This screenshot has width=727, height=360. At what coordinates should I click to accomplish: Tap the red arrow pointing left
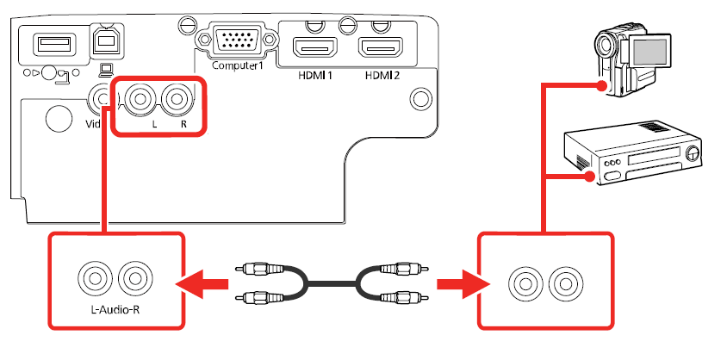(x=201, y=282)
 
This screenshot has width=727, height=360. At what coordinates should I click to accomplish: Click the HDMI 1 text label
(x=316, y=75)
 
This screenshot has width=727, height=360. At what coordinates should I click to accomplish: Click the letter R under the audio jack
(x=183, y=125)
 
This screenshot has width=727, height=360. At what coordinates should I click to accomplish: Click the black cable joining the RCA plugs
(x=332, y=282)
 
